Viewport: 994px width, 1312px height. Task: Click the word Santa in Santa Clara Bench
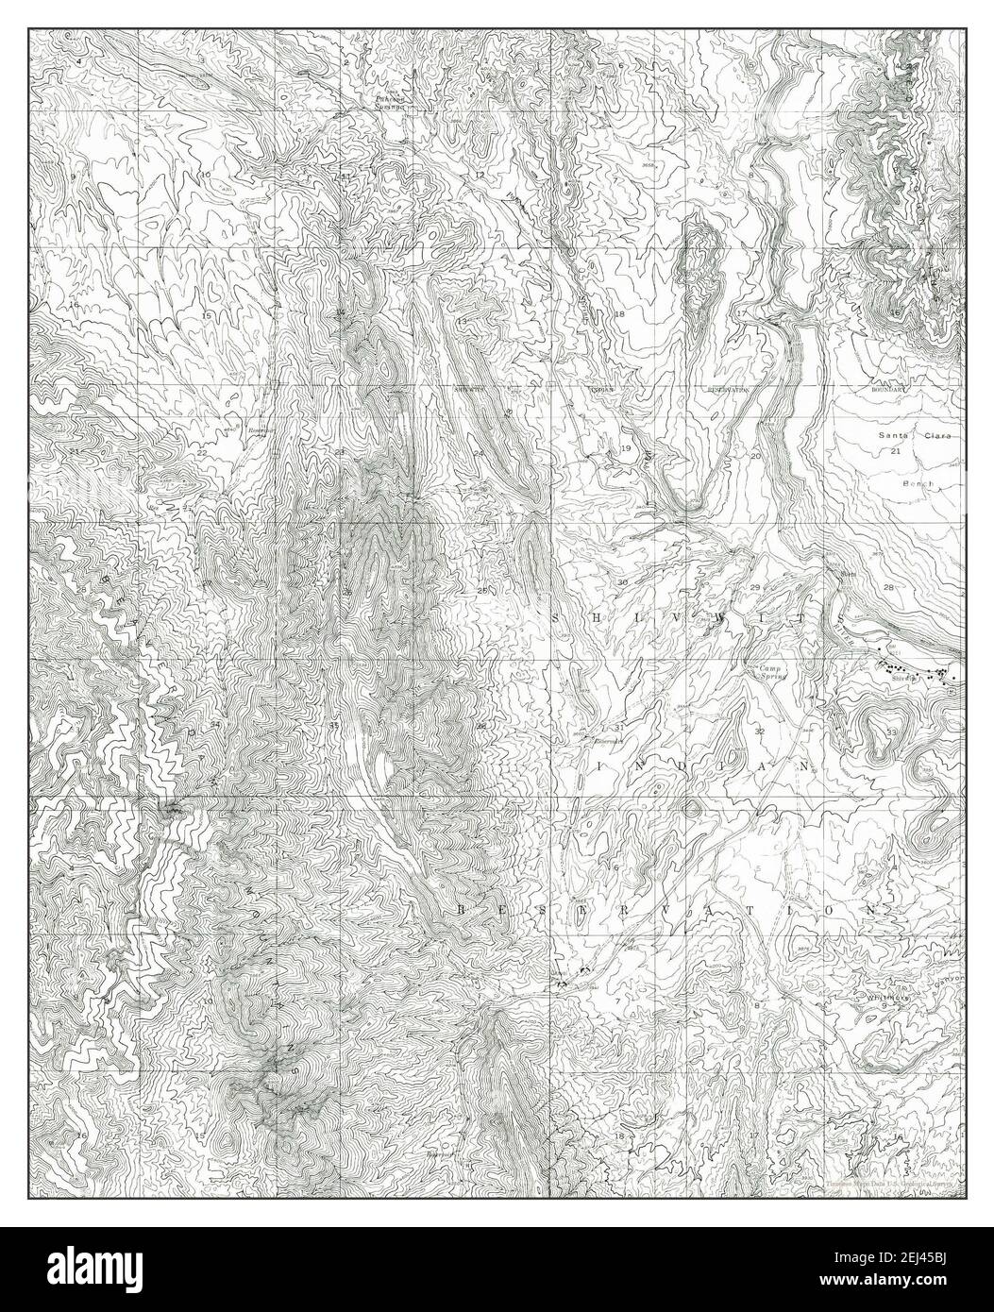point(897,436)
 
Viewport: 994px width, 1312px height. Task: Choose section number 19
point(625,448)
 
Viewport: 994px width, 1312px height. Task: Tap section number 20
point(754,456)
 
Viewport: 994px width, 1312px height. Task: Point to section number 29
point(754,588)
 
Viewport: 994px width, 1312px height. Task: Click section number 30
point(622,583)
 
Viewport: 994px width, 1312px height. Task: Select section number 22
point(202,454)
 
